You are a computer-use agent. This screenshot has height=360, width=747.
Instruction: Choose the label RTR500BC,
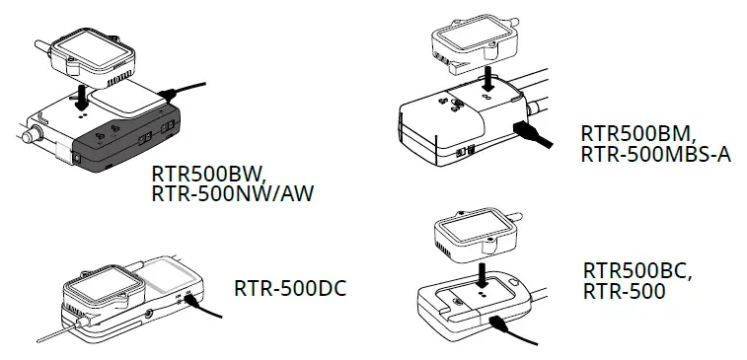[x=636, y=270]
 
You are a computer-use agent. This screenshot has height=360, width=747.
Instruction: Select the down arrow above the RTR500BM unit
[x=487, y=79]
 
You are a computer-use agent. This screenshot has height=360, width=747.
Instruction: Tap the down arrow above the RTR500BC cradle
[x=481, y=271]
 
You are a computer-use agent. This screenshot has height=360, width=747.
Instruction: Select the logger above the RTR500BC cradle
[x=475, y=234]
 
